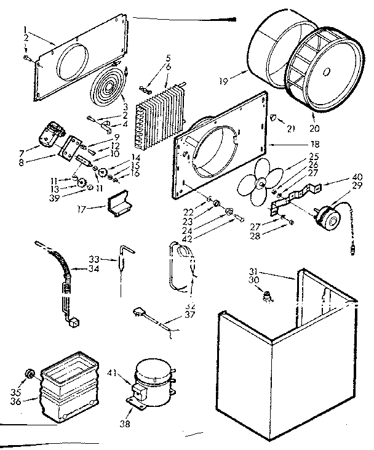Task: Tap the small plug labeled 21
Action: (x=274, y=118)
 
